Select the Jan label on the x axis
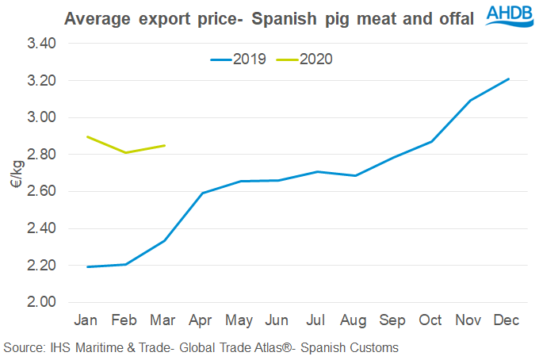(86, 320)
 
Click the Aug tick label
(354, 320)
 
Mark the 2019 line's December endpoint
(508, 79)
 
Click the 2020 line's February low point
(124, 152)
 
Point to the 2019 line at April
(202, 193)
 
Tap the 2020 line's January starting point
(86, 136)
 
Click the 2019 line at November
(470, 101)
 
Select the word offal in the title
(450, 17)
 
